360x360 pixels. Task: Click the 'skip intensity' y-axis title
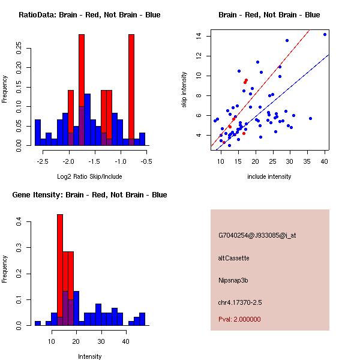click(x=184, y=90)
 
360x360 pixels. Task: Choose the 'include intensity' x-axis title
click(x=269, y=176)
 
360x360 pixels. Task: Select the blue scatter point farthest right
click(x=325, y=34)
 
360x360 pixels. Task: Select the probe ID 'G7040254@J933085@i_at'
click(x=257, y=235)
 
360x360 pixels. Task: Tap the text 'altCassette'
click(x=233, y=258)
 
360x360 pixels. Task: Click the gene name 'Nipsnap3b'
click(x=234, y=280)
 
